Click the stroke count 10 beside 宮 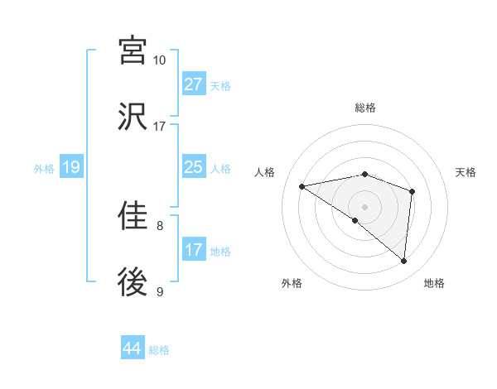(160, 60)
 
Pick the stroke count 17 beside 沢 (160, 127)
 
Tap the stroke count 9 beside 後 (160, 291)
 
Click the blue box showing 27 (194, 84)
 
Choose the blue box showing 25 (194, 168)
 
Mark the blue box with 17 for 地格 (194, 250)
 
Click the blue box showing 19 (71, 168)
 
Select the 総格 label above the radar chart (365, 108)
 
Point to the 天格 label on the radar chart (466, 172)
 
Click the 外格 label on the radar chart (292, 283)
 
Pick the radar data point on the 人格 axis (302, 186)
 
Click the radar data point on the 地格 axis (404, 262)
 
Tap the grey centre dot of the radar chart (365, 206)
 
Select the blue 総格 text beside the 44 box (159, 350)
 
